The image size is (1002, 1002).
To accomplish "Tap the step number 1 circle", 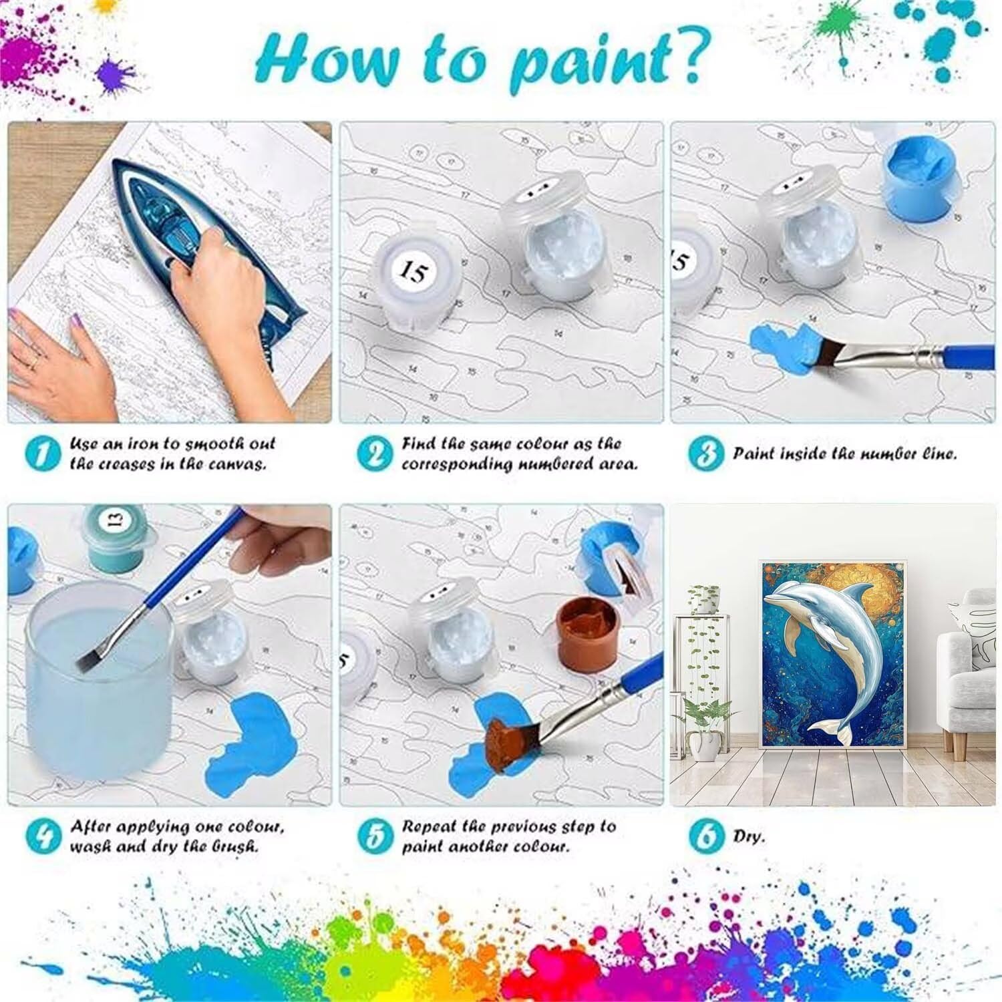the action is click(x=43, y=454).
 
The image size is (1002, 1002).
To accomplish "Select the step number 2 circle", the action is click(x=374, y=454).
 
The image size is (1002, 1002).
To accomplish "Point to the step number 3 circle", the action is click(x=706, y=454).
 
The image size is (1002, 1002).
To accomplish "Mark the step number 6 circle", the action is click(x=707, y=836).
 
